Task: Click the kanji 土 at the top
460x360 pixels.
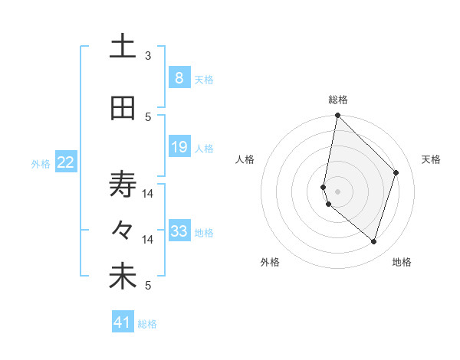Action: pos(123,47)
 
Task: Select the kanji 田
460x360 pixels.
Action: pos(123,109)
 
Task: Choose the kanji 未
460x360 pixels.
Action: pos(123,277)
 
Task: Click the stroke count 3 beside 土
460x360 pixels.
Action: pos(148,55)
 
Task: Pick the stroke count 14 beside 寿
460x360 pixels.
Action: pos(148,193)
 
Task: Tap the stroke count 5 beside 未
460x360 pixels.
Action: pos(148,286)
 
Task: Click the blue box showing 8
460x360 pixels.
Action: pos(179,77)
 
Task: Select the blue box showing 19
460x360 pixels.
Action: pos(179,147)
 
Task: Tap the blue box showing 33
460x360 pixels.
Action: pos(179,231)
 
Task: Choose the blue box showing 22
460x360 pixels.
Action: pos(66,162)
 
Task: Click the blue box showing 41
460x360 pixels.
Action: pos(123,322)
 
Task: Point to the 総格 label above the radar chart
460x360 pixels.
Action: pos(338,100)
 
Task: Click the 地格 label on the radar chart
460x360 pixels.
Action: pos(402,262)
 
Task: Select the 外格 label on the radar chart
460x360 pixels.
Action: pos(270,262)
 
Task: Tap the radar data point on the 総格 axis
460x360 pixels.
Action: pos(337,115)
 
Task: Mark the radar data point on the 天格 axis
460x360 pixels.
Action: pos(396,172)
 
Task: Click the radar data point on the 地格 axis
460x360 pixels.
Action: pos(373,242)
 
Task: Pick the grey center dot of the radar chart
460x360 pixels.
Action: pos(337,190)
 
